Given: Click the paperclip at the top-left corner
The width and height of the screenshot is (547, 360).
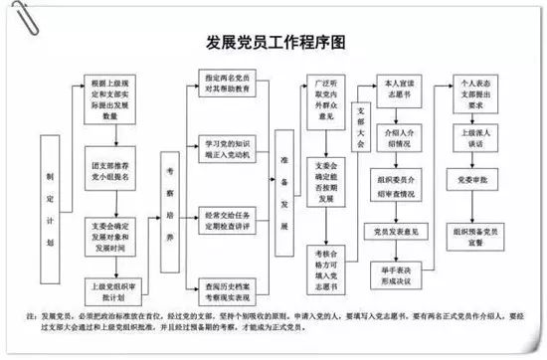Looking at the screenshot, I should [17, 14].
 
